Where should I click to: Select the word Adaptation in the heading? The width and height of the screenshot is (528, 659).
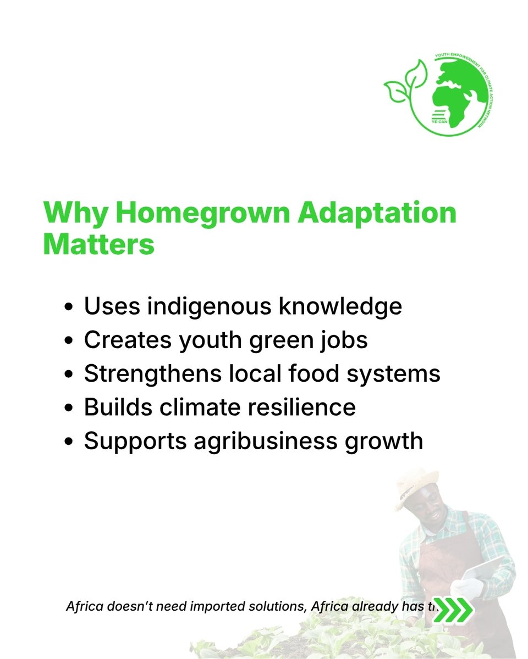point(377,213)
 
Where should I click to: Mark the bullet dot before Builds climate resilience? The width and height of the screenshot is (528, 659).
point(69,409)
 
